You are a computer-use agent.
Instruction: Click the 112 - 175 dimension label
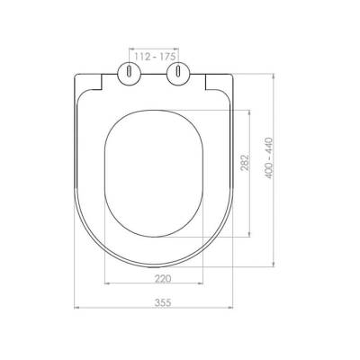(x=154, y=57)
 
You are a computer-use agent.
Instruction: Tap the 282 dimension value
(x=245, y=163)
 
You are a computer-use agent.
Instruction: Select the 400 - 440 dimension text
(x=269, y=158)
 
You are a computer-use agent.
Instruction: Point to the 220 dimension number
(x=163, y=279)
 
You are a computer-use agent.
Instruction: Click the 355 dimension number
(x=163, y=302)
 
